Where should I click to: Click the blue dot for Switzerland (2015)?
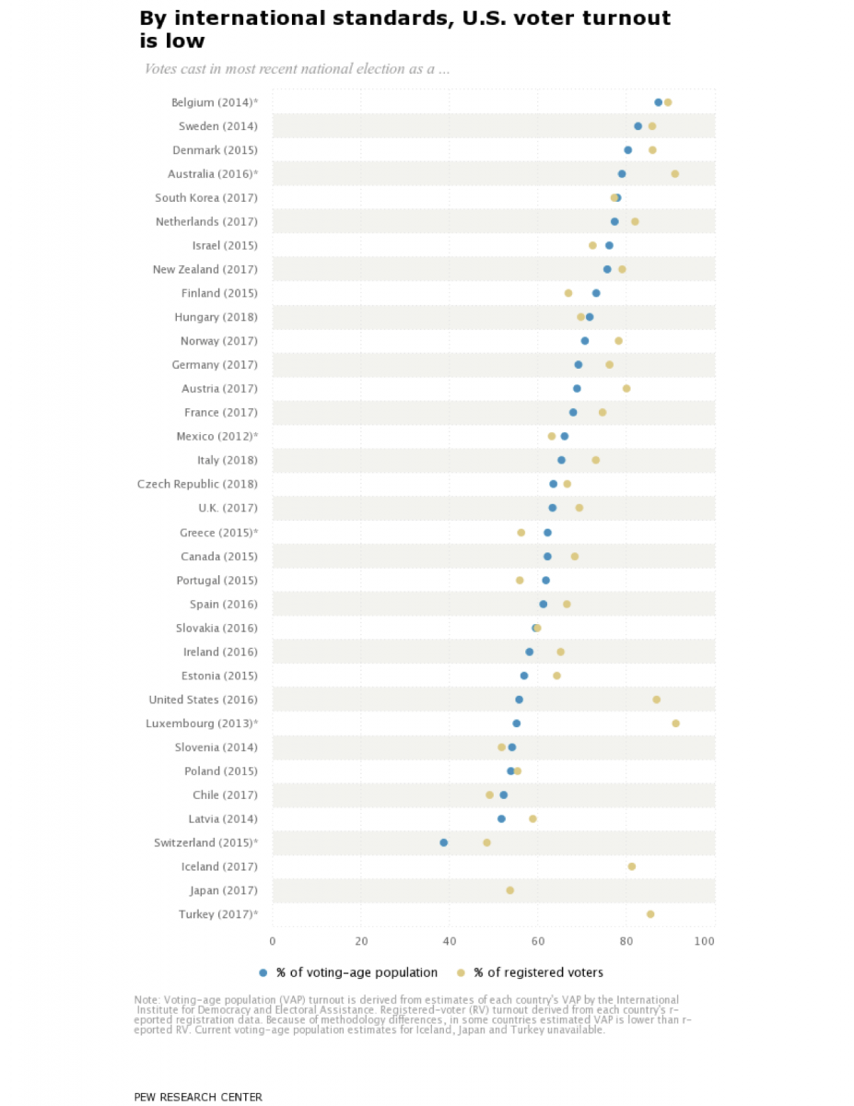click(444, 842)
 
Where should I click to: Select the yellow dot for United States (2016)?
click(657, 700)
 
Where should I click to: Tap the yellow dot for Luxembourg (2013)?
click(676, 724)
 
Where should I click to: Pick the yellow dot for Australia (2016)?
click(675, 173)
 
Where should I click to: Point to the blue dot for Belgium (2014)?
click(659, 102)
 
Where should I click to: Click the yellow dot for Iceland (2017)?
click(632, 866)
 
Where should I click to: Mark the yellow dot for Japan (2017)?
click(510, 890)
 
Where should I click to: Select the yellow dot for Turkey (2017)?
click(650, 914)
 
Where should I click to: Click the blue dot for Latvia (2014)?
click(501, 818)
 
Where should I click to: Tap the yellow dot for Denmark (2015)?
click(652, 149)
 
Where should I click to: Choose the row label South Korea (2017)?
click(206, 198)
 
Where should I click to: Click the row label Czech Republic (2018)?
click(197, 484)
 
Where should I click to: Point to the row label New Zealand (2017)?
click(205, 269)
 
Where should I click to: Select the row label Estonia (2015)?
click(220, 676)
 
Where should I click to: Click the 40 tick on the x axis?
click(450, 941)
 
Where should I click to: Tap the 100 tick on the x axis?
click(705, 941)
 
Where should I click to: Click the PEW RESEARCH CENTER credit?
click(198, 1097)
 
